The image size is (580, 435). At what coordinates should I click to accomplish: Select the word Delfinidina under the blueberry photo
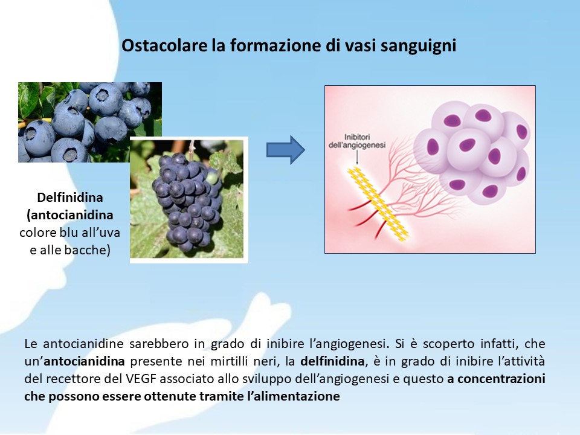70,197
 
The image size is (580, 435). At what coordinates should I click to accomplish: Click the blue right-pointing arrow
286,150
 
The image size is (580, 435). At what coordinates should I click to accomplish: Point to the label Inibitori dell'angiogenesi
357,141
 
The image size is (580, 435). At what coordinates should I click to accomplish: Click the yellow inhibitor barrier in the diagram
378,204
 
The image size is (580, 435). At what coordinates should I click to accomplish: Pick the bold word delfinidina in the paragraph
332,361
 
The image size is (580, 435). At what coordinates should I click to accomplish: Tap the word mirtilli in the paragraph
230,361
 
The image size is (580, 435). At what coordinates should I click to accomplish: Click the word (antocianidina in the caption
70,215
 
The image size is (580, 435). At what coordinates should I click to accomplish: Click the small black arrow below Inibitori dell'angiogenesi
357,158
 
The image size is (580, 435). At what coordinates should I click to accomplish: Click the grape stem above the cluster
192,147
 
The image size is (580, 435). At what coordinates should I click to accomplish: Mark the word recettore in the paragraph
71,379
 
